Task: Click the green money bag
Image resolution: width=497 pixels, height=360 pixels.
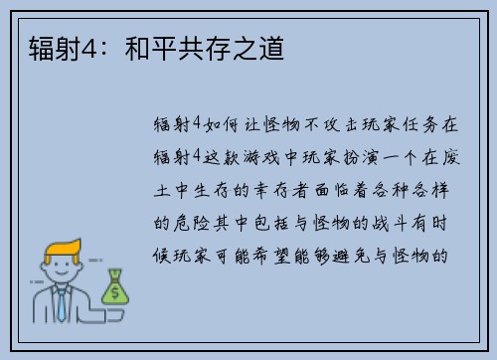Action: click(x=114, y=287)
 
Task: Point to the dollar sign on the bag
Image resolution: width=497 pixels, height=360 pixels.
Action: click(x=115, y=292)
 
